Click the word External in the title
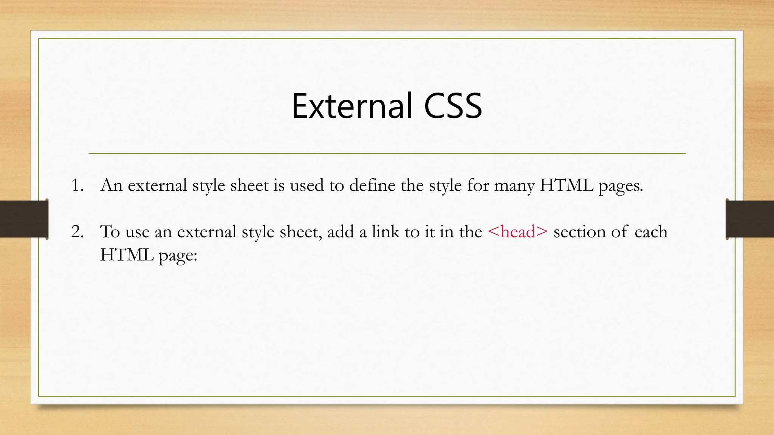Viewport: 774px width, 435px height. pos(351,106)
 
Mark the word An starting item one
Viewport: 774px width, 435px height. pos(111,185)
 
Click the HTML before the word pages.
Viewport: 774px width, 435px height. pos(567,185)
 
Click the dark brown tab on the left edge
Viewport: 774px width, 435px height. pos(24,219)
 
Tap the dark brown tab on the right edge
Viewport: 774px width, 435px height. pos(750,219)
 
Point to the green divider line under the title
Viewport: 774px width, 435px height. pos(387,154)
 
